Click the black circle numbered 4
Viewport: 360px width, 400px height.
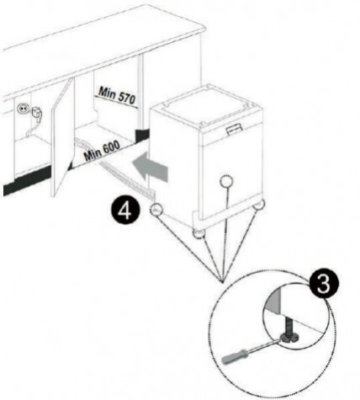coord(125,211)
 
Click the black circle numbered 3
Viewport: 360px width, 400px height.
coord(324,284)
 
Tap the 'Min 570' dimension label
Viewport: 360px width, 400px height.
coord(117,96)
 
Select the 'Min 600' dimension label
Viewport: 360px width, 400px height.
coord(102,151)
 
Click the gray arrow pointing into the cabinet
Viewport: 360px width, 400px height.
coord(151,168)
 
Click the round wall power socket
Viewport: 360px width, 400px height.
coord(22,108)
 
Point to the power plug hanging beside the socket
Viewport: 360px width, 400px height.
coord(36,113)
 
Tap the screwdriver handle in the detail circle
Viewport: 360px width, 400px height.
coord(235,355)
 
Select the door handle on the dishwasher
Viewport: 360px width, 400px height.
coord(234,129)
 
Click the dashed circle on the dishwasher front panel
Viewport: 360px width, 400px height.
coord(226,182)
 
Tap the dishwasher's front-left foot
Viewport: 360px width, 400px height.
coord(199,234)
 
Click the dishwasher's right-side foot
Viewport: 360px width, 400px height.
coord(258,204)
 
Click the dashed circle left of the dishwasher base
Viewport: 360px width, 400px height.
coord(156,209)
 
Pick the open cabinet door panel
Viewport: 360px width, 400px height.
coord(62,136)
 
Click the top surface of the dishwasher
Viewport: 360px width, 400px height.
coord(206,105)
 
